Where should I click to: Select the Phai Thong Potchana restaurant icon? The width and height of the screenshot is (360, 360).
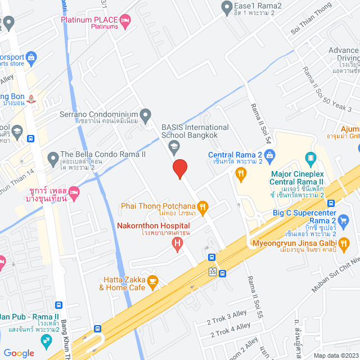(x=203, y=206)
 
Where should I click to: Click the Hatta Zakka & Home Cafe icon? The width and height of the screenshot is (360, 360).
(x=152, y=280)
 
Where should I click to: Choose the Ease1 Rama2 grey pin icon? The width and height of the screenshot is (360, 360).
(x=227, y=8)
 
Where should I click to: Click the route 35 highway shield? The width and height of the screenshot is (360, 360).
(x=211, y=272)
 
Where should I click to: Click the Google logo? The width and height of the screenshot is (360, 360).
(x=19, y=353)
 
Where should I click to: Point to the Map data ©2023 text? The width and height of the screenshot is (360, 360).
(x=335, y=355)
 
